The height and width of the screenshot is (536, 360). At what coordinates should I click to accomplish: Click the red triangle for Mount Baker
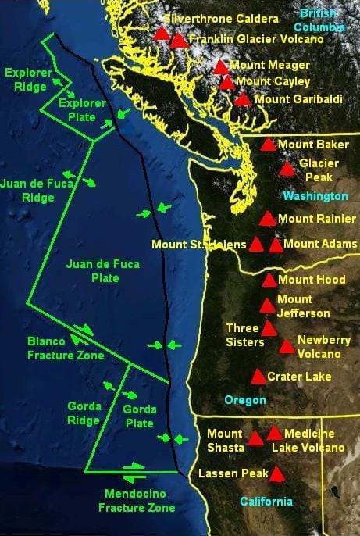tap(268, 145)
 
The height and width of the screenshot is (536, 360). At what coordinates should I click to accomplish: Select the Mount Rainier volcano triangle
tap(267, 219)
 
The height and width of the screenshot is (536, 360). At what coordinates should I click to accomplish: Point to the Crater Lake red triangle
tap(258, 377)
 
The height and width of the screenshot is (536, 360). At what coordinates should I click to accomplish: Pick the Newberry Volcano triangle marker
tap(287, 346)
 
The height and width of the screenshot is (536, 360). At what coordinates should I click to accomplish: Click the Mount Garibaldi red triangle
tap(243, 99)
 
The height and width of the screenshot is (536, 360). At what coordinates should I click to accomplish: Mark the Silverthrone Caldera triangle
tap(162, 34)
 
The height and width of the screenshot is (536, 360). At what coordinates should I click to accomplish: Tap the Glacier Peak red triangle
tap(287, 169)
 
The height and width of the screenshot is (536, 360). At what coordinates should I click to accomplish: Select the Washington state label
tap(315, 195)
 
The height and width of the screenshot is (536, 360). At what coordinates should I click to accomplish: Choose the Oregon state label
tap(245, 399)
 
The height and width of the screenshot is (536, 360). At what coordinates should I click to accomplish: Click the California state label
tap(266, 501)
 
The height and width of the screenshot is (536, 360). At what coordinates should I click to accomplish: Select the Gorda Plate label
tap(140, 416)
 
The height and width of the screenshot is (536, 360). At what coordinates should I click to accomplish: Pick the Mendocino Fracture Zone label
tap(137, 500)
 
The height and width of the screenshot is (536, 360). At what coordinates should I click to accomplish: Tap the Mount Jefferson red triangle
tap(267, 306)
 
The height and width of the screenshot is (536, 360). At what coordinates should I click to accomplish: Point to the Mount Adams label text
tap(320, 245)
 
